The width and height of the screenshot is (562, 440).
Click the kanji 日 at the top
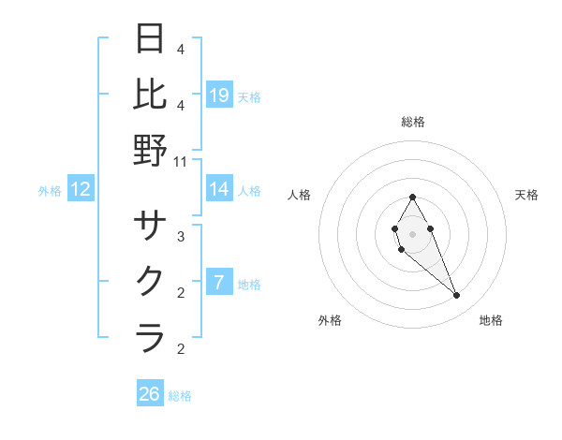coord(150,39)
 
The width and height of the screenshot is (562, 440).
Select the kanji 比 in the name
coord(150,94)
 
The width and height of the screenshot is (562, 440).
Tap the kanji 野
coord(150,150)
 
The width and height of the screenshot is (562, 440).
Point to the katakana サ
coord(150,226)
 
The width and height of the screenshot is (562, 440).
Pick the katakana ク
coord(150,281)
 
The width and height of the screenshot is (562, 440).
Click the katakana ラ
coord(150,337)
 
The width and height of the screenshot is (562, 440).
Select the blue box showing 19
coord(219,95)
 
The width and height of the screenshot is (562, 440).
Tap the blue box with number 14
coord(219,189)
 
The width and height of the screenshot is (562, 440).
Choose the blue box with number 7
coord(219,282)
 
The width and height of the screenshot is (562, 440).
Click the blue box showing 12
coord(81,189)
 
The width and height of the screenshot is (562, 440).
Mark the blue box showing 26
coord(150,394)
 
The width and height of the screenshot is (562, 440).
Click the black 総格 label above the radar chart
coord(412,122)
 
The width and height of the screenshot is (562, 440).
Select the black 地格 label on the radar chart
coord(491,320)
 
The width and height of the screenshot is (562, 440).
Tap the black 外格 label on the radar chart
coord(330,320)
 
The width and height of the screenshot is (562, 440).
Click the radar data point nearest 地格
coord(457,296)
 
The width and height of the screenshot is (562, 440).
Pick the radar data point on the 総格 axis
coord(412,197)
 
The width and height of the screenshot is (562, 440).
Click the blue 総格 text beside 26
coord(180,396)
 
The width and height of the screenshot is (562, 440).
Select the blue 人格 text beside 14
coord(249,191)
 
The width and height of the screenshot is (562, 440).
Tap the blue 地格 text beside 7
coord(249,284)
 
